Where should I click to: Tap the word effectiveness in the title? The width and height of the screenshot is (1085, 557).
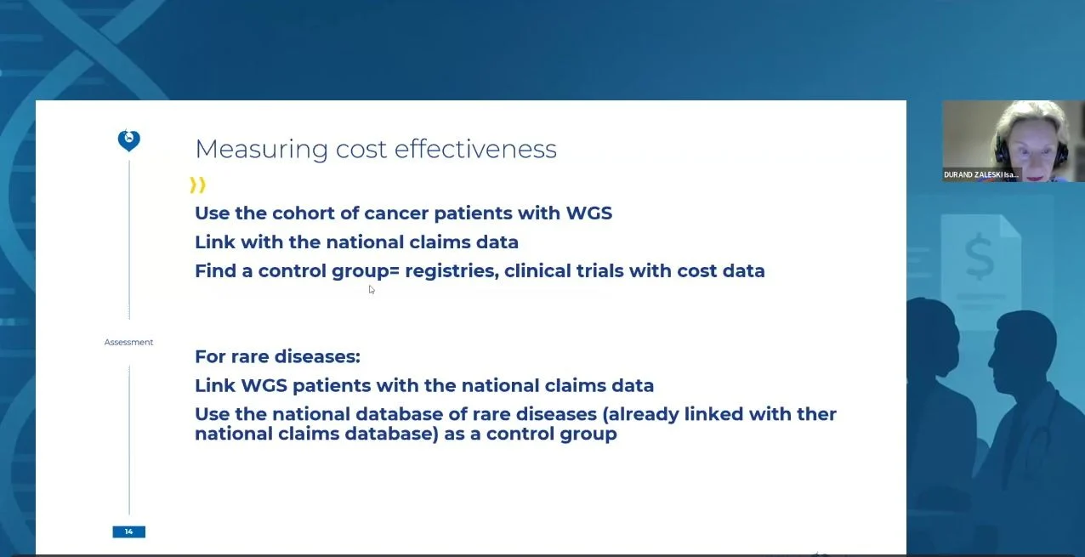pos(475,149)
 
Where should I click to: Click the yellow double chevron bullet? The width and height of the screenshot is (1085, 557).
pos(197,185)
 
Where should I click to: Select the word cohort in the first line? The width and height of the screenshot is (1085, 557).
pos(304,213)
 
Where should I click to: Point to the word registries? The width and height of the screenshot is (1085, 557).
pos(452,271)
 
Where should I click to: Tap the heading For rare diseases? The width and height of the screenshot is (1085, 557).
pos(277,356)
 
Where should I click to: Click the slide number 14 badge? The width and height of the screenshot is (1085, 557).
pos(129,531)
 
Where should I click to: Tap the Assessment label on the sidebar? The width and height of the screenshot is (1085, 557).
pos(129,343)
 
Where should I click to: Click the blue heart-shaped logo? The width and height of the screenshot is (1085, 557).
pos(129,141)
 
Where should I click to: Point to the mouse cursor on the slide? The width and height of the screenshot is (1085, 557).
pos(372,290)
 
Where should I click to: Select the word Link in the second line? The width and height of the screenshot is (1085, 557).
pos(214,242)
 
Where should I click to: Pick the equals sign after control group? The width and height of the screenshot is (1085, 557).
pos(395,271)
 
